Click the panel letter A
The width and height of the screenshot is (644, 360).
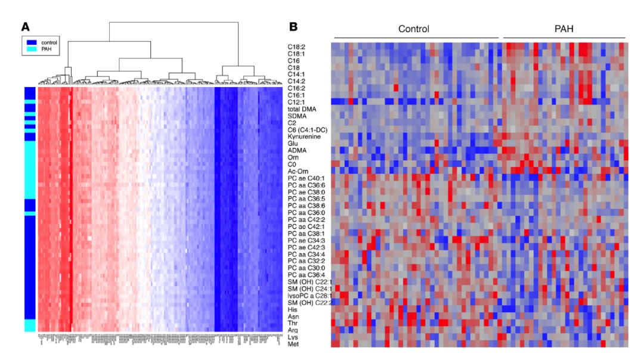[25, 27]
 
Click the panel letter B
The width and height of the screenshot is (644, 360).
[293, 27]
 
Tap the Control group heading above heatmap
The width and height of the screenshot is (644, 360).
[414, 29]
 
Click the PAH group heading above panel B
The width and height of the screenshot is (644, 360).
[564, 29]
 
